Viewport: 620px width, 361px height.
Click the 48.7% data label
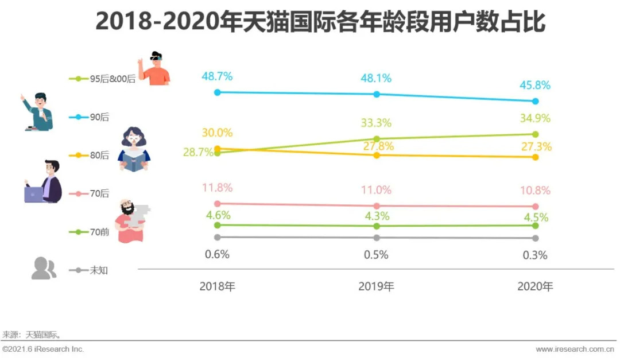click(217, 76)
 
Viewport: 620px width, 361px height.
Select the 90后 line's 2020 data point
click(536, 101)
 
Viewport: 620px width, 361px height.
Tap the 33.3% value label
click(376, 123)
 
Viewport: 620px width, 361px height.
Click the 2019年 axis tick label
click(376, 286)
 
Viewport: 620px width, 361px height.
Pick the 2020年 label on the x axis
click(535, 286)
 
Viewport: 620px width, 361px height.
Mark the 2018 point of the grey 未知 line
click(217, 237)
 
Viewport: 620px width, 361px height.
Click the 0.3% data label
click(535, 255)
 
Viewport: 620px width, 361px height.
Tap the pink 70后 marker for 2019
click(377, 206)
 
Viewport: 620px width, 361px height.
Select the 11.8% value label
click(217, 187)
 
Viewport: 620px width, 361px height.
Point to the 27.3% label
click(536, 146)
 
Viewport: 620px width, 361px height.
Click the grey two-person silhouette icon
click(44, 268)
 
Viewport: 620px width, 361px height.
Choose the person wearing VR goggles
click(155, 68)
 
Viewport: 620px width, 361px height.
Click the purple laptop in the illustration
click(34, 195)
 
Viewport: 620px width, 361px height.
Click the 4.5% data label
click(536, 218)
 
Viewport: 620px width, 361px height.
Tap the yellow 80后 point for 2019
click(377, 155)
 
